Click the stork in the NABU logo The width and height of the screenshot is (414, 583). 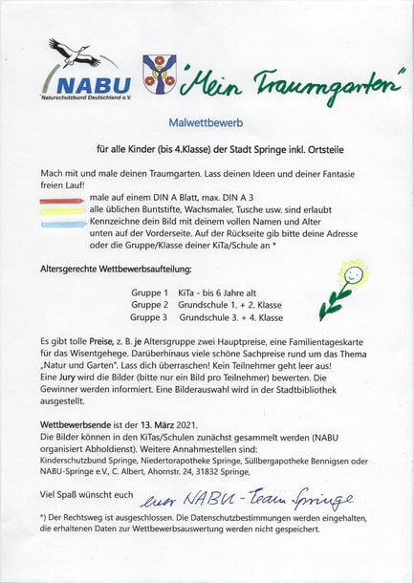click(69, 49)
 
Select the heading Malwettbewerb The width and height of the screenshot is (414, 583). click(207, 122)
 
